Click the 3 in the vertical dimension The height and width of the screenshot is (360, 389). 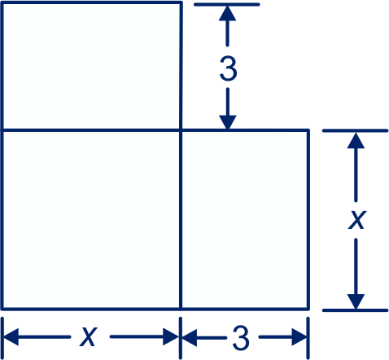click(228, 69)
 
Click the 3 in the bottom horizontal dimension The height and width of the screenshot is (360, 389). click(241, 338)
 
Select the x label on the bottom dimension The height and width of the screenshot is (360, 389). click(89, 337)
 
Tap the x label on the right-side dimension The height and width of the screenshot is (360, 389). click(357, 220)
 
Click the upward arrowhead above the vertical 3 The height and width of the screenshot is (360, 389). click(227, 13)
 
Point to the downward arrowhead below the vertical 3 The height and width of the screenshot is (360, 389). click(228, 122)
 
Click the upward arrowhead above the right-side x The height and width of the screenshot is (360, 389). click(356, 140)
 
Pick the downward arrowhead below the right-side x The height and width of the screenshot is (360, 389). click(356, 301)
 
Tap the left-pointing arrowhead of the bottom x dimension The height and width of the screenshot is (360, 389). click(11, 337)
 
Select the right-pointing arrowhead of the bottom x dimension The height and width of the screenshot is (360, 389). click(171, 337)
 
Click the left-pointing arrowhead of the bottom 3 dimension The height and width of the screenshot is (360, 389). click(190, 337)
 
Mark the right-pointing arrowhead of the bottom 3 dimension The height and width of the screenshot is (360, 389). click(299, 337)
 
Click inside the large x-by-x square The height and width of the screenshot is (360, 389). click(91, 220)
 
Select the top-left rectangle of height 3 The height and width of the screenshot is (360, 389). click(91, 66)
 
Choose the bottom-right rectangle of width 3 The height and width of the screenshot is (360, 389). click(245, 220)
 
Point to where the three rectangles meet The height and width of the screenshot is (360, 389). click(181, 130)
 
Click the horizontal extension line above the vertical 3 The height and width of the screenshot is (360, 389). click(227, 4)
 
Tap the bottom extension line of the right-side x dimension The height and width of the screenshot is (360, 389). click(356, 310)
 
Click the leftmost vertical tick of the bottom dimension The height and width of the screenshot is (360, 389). click(2, 338)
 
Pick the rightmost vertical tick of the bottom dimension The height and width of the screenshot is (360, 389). click(308, 338)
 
